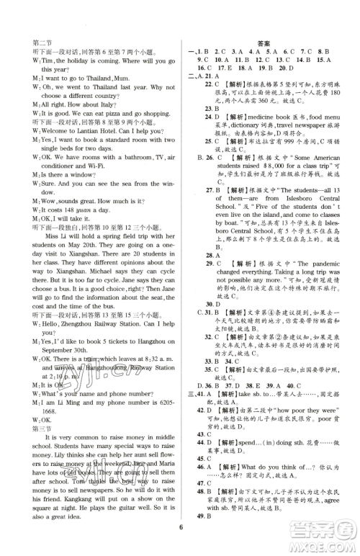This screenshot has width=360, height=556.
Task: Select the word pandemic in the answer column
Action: coord(312,264)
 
